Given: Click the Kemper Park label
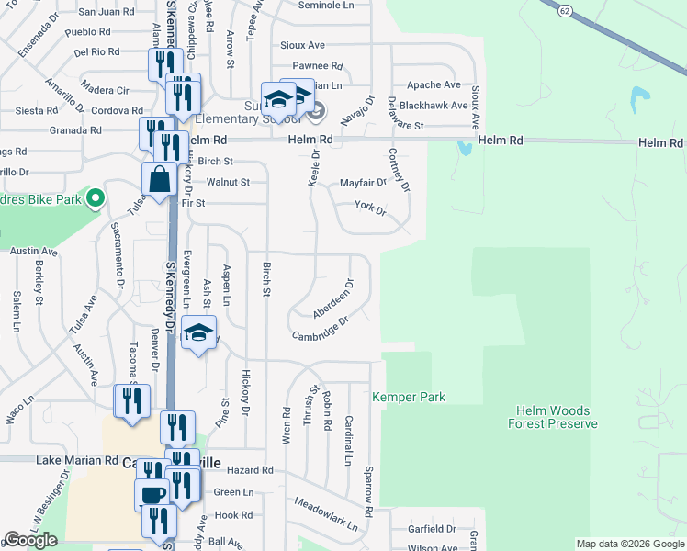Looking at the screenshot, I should tap(409, 397).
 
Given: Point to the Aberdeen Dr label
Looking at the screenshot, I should tap(332, 300).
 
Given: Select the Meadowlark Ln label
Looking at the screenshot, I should tap(325, 514).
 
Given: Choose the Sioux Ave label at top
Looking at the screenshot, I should tap(303, 44).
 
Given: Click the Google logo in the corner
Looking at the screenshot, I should tap(30, 540).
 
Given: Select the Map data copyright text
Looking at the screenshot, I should tap(630, 544).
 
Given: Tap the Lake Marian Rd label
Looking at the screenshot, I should tap(77, 459).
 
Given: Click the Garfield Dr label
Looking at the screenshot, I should tap(432, 529).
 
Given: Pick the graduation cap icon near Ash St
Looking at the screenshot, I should tap(198, 332).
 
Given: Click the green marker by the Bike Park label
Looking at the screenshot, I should tap(93, 198).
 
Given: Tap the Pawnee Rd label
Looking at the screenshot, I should tap(317, 66).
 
